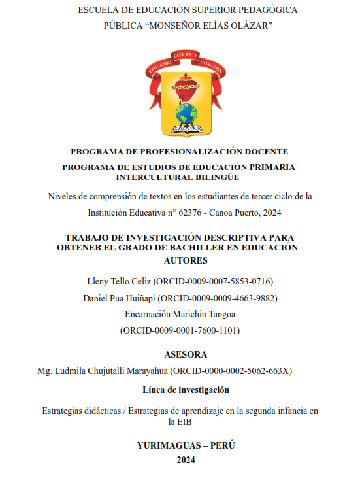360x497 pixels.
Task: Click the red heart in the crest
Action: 186,86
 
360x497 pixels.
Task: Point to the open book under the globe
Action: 186,126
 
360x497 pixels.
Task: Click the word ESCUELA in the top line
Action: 97,10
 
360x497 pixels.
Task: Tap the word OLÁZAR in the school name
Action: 249,26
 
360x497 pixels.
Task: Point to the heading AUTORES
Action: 179,260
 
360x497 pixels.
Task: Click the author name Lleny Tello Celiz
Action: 120,281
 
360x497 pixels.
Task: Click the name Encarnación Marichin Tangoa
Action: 180,315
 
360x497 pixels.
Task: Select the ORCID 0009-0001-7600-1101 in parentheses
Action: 180,331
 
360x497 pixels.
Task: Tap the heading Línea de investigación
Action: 186,390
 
